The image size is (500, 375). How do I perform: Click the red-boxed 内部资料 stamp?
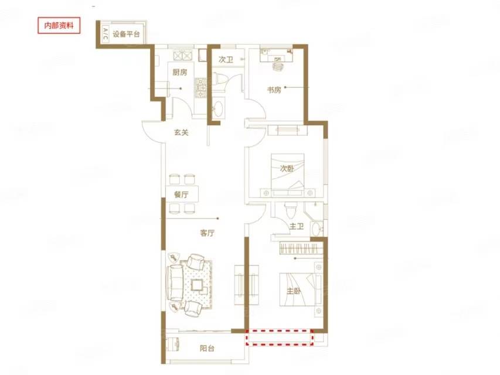tap(59, 26)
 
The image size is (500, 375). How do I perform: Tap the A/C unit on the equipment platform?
tap(106, 33)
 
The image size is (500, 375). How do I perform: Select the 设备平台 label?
tap(126, 34)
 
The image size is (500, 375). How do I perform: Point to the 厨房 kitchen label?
tap(180, 73)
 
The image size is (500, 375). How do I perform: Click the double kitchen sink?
tap(183, 55)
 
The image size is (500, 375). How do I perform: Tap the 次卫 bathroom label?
tap(226, 60)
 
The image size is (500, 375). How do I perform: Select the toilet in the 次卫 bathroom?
tap(219, 79)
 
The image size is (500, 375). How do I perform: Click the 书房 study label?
tap(274, 90)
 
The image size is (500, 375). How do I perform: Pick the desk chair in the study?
tap(278, 66)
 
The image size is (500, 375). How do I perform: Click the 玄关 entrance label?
tap(181, 132)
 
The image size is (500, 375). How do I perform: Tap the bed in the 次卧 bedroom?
tap(287, 172)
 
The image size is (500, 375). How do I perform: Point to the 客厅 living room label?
tap(208, 233)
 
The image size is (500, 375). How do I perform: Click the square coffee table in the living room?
tap(198, 284)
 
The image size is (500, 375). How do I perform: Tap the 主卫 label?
tap(297, 226)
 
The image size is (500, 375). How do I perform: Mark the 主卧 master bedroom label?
tap(294, 291)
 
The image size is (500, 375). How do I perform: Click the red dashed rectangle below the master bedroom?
tap(280, 337)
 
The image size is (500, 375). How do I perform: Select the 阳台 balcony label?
tap(207, 349)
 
